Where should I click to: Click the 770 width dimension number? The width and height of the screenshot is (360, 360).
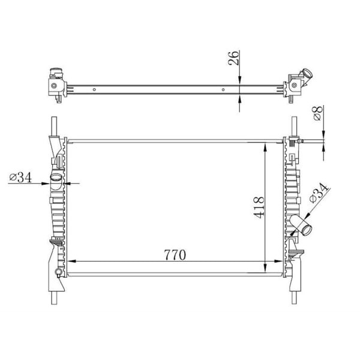click(x=173, y=254)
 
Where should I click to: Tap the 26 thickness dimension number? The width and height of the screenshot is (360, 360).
click(x=235, y=58)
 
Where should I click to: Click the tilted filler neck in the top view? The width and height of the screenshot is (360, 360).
click(x=307, y=76)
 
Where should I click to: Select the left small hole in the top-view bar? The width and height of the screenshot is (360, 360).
click(x=94, y=90)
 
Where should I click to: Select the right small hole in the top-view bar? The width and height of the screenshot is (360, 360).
click(x=224, y=90)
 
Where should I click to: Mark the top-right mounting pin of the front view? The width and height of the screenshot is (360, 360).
click(x=294, y=126)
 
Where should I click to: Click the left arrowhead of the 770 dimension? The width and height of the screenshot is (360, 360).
click(x=70, y=262)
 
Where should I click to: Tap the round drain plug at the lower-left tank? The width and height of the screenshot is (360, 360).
click(x=58, y=274)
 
